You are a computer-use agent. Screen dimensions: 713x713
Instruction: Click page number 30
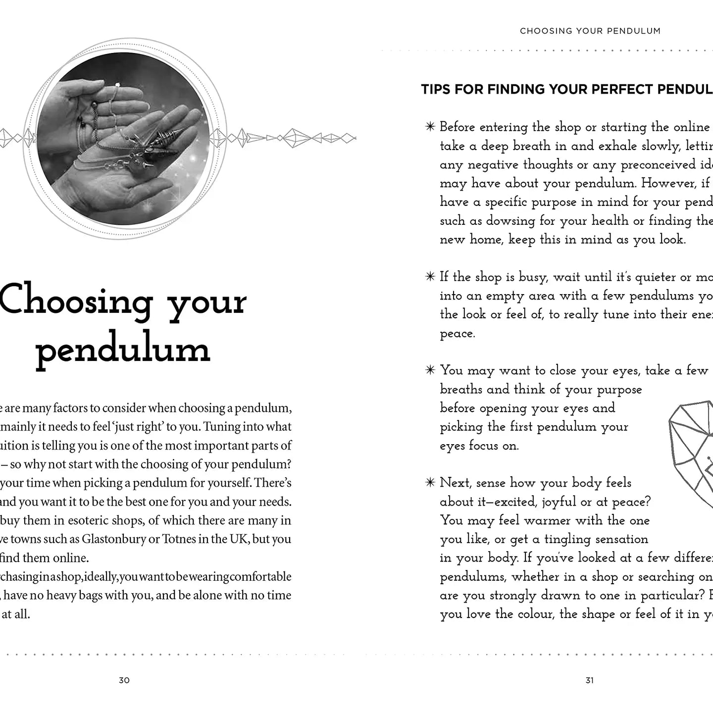124,680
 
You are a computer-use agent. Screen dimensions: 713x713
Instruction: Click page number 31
589,680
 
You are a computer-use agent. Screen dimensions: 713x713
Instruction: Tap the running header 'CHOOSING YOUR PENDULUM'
590,31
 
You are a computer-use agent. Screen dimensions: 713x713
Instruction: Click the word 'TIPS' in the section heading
436,90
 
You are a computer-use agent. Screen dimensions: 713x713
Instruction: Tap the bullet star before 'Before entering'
430,127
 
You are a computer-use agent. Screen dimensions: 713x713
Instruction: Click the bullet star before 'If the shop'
430,277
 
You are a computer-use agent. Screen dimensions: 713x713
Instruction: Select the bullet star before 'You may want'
430,370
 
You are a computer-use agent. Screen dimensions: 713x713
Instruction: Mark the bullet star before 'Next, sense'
430,483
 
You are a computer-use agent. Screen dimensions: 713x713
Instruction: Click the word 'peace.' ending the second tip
458,334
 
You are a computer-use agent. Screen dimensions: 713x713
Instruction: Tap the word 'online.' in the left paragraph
71,558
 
